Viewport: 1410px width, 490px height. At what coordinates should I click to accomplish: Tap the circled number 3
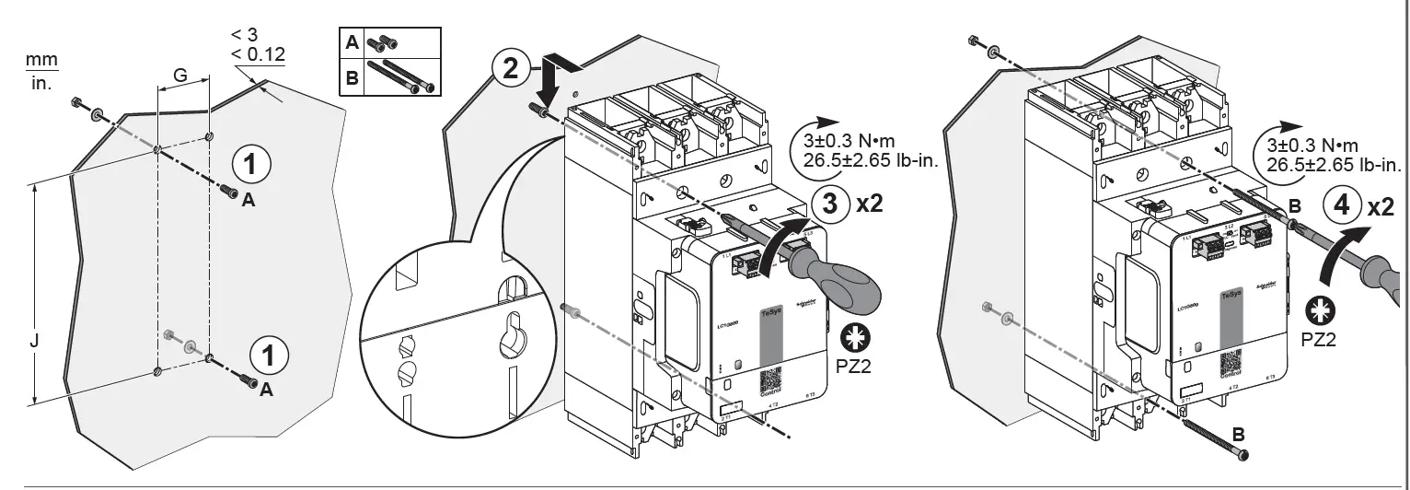coord(830,204)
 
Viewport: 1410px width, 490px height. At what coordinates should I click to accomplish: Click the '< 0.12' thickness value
coord(258,54)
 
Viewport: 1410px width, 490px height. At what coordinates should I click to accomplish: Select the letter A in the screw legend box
coord(351,42)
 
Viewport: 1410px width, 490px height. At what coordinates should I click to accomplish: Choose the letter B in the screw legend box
coord(351,78)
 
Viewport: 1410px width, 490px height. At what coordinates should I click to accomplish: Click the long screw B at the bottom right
coord(1213,437)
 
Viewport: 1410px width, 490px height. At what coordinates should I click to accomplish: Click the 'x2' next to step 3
coord(870,204)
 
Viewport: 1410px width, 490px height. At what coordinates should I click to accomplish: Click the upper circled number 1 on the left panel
coord(252,165)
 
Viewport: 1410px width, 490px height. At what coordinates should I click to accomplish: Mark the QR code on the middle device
coord(769,383)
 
